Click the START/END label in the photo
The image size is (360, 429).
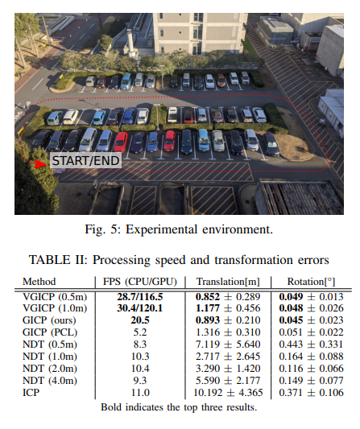85,161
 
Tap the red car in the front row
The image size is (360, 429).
121,142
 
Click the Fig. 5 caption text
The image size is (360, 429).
179,229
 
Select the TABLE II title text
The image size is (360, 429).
179,260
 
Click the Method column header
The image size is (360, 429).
39,283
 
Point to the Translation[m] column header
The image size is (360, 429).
228,283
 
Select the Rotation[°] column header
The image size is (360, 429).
308,283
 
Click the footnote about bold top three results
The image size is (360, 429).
179,406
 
